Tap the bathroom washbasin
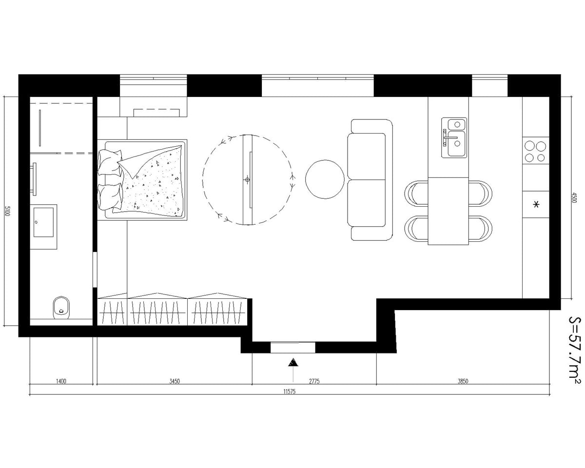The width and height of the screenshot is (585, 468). tap(43, 223)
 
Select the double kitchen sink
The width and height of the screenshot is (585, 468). tap(454, 137)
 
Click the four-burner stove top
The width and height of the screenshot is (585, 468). tap(535, 151)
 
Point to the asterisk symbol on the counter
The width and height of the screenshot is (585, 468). tap(536, 205)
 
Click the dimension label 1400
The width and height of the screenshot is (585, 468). tap(61, 381)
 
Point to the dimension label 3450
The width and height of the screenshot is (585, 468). tap(175, 381)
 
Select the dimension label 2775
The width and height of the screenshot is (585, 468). tap(314, 381)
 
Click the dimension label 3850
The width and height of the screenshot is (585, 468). tap(462, 381)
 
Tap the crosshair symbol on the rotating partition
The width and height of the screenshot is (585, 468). tap(248, 180)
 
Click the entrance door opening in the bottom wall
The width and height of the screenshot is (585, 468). tap(292, 347)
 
